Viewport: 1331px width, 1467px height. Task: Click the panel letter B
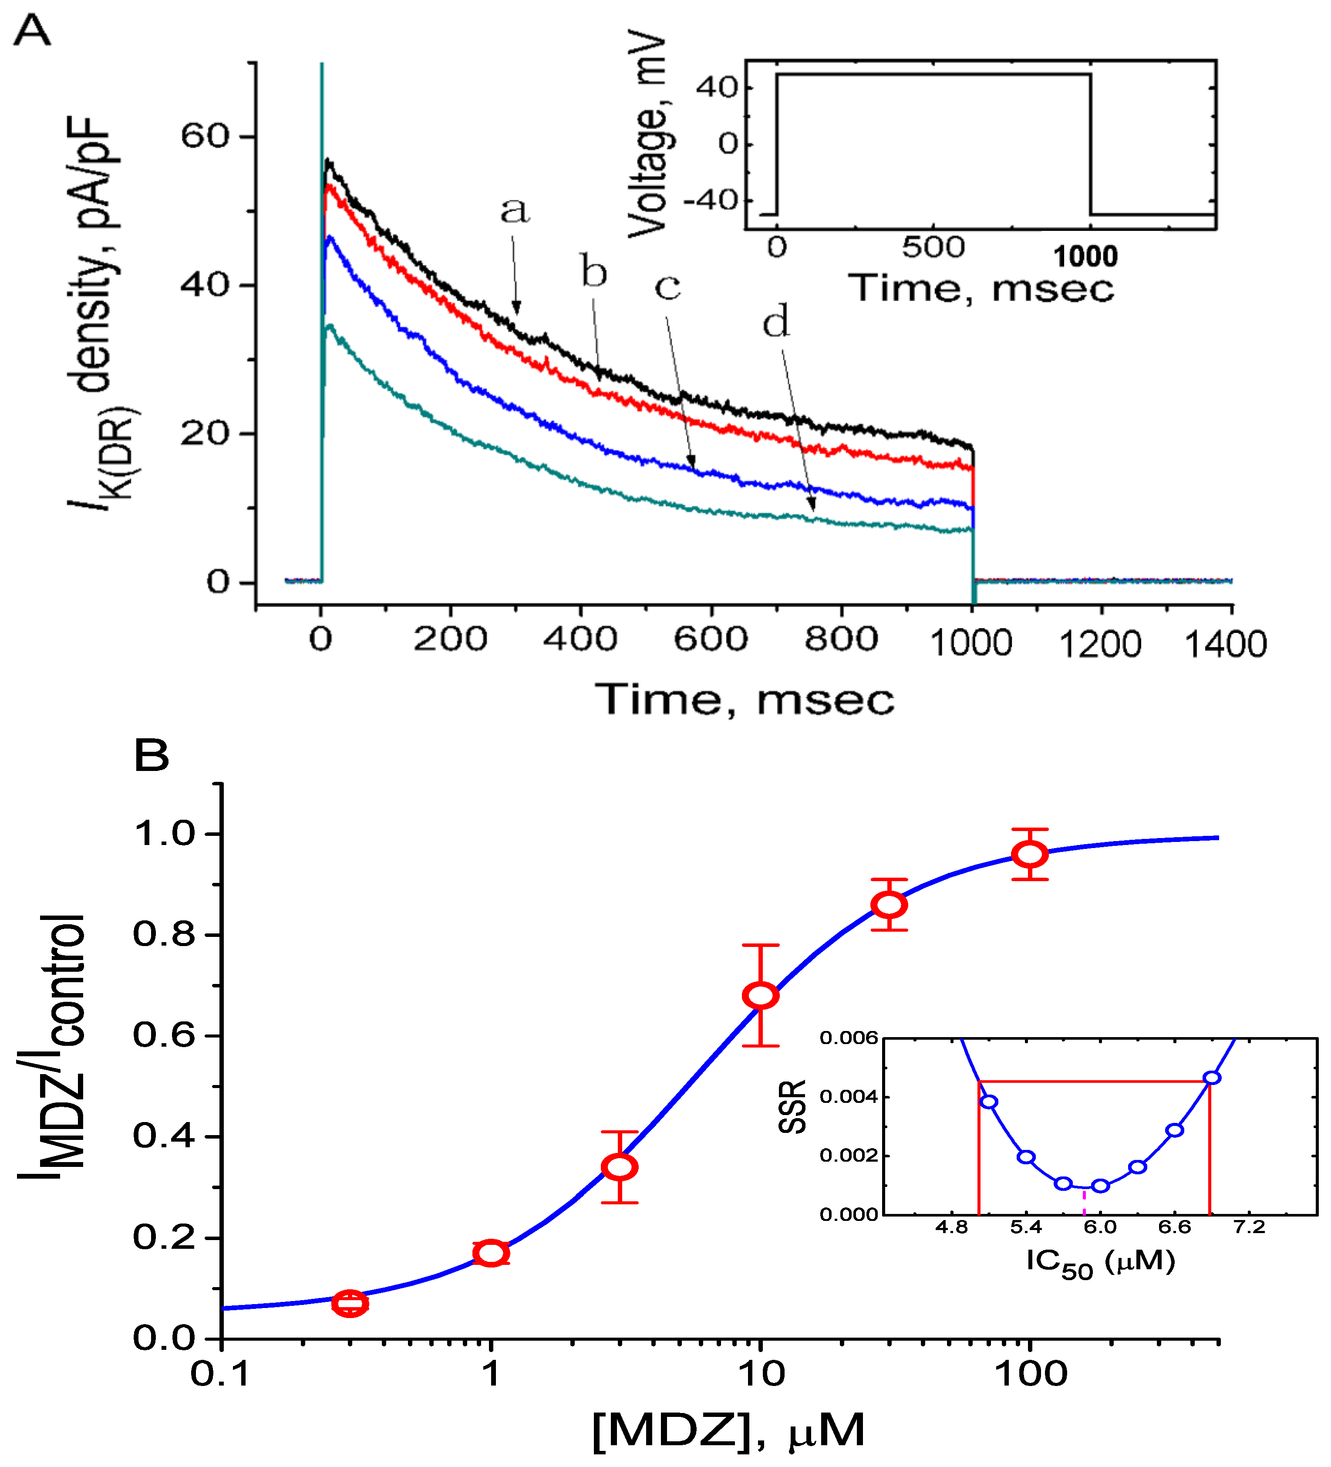(151, 756)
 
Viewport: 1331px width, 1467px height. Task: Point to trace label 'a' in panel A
(515, 211)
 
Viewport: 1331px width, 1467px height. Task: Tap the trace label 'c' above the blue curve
(668, 287)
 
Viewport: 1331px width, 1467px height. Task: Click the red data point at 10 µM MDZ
(760, 995)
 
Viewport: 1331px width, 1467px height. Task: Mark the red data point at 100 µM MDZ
(1030, 854)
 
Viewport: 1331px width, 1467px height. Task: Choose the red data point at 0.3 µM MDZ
(350, 1303)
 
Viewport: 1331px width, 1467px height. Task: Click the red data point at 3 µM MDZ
(620, 1167)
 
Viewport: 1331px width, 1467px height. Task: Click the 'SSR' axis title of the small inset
(793, 1107)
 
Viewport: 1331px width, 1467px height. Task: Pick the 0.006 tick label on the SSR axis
(849, 1038)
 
